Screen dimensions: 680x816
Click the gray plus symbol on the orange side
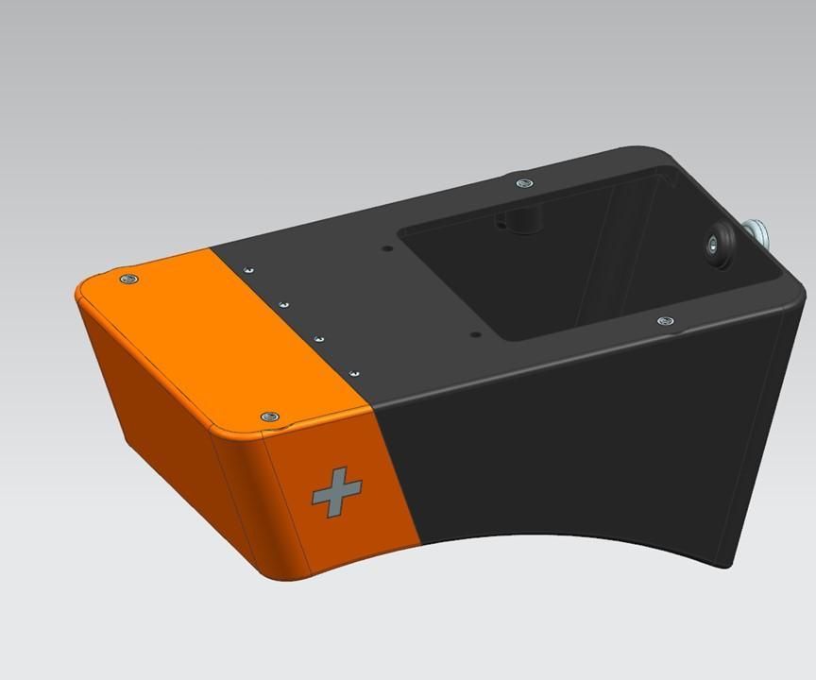pos(336,493)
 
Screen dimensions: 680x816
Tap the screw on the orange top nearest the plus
pos(269,416)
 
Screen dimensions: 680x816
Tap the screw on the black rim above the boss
pos(523,181)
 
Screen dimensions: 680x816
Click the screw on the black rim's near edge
pos(666,322)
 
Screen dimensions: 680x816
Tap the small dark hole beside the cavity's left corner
pos(387,249)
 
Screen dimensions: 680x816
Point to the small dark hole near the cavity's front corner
pos(475,334)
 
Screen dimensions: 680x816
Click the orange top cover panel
pos(217,331)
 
